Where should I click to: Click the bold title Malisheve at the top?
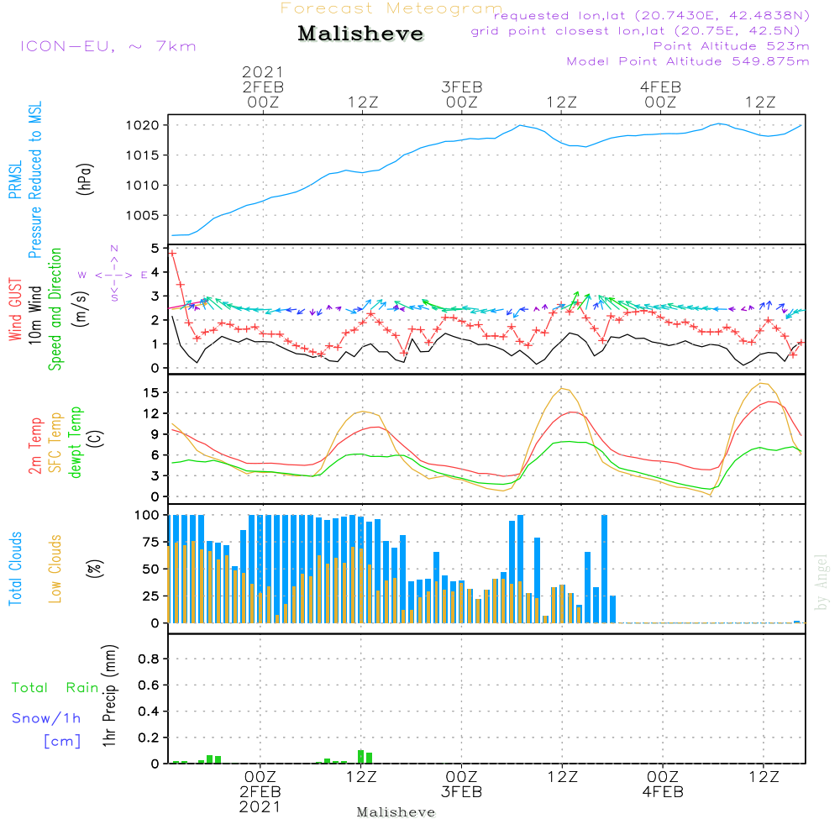click(x=360, y=34)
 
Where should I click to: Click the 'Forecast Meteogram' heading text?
click(x=391, y=8)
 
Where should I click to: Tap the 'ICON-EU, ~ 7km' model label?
click(x=108, y=45)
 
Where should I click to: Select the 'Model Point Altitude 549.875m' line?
click(x=688, y=61)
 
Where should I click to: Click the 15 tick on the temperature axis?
click(x=153, y=392)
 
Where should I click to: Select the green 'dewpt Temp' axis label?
click(x=76, y=443)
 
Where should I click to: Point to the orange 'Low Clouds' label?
click(x=56, y=568)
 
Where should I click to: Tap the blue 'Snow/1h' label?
click(x=46, y=718)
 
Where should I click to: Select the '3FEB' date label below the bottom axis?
click(x=461, y=792)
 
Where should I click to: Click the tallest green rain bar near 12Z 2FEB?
click(x=360, y=756)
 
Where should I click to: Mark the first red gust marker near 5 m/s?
click(x=172, y=253)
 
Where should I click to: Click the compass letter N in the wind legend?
click(x=114, y=249)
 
